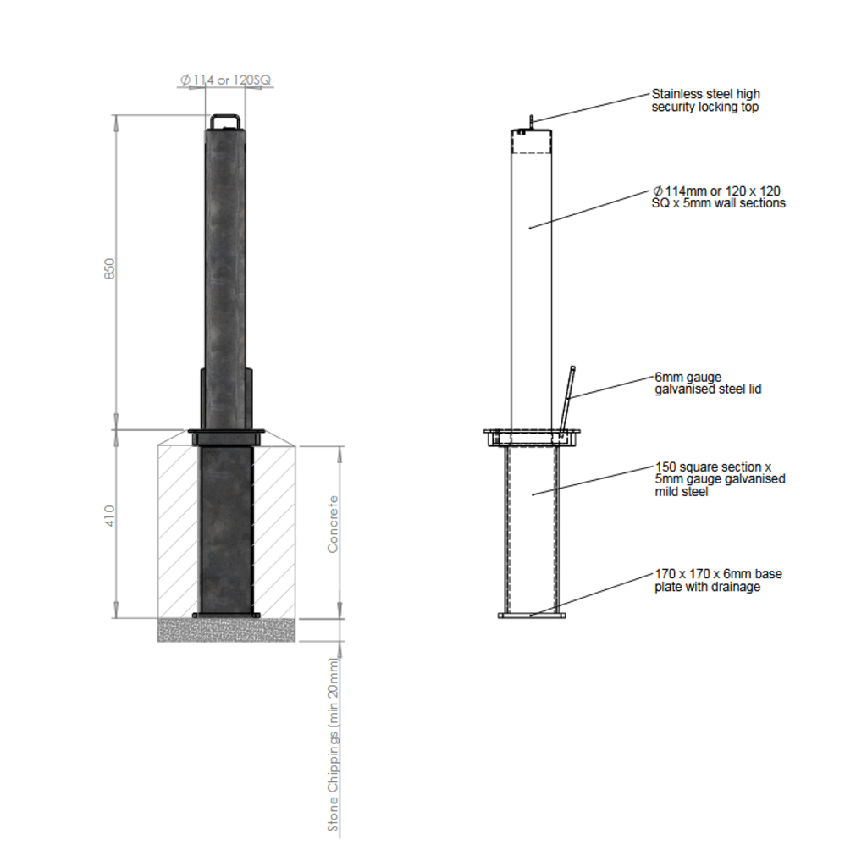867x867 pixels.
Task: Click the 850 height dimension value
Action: [110, 268]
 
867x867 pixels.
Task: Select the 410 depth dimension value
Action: [110, 516]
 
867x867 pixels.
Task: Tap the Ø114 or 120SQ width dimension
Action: [225, 80]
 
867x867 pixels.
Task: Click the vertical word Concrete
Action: [332, 524]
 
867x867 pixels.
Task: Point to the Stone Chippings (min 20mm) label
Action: [333, 745]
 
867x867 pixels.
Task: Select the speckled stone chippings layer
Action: [226, 630]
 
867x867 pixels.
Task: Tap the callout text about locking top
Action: [705, 100]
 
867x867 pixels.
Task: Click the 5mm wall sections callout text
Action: [718, 196]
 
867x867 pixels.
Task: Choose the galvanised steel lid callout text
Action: [708, 383]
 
